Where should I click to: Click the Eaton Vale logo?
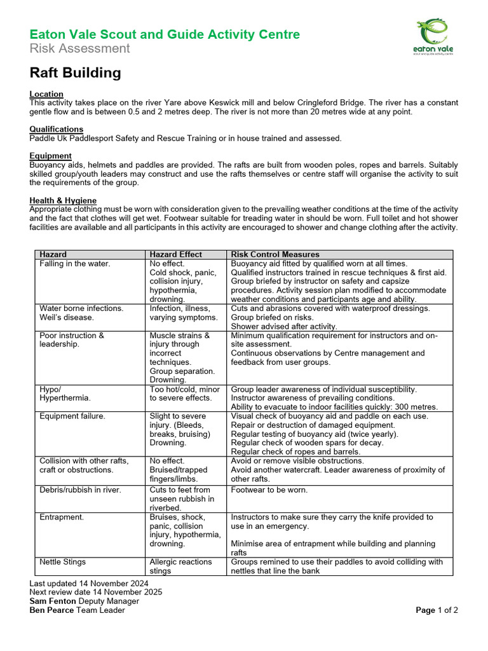(x=435, y=38)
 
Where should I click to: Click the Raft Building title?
(x=75, y=73)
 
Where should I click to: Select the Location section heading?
(x=46, y=94)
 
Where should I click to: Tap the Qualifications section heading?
(x=57, y=129)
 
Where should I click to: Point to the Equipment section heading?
(x=50, y=156)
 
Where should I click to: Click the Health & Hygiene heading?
(x=63, y=200)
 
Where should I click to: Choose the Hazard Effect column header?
(x=175, y=254)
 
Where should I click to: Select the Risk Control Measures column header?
(x=275, y=254)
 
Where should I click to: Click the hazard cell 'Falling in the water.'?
(x=74, y=263)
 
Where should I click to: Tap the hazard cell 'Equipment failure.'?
(x=72, y=416)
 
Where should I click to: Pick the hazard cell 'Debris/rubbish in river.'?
(x=80, y=490)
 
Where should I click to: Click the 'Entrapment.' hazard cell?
(x=62, y=517)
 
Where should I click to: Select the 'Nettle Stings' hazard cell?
(x=62, y=561)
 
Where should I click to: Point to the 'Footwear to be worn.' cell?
(x=269, y=490)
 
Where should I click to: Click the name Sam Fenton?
(x=53, y=601)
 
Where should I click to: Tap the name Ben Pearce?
(x=52, y=610)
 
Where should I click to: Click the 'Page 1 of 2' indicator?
(x=437, y=610)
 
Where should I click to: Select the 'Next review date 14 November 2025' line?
(x=96, y=592)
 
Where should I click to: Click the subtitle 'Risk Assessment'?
(x=79, y=49)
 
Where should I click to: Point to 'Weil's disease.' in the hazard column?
(x=66, y=317)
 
